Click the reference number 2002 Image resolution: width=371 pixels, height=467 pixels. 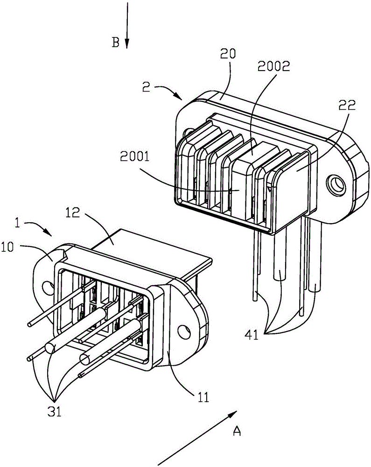[x=273, y=66]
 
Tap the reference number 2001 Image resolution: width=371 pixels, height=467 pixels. [x=135, y=156]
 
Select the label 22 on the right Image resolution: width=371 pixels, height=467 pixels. [x=347, y=105]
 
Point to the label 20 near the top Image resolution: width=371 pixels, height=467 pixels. [x=228, y=53]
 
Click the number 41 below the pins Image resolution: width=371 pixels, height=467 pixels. [x=252, y=336]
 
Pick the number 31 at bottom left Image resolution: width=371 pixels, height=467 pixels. [x=54, y=411]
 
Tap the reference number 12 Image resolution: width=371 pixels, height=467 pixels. [x=73, y=212]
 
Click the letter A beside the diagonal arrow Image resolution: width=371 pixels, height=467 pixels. [x=237, y=431]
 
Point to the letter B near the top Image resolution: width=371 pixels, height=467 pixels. [x=115, y=42]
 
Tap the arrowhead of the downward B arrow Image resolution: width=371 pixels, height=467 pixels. [x=127, y=44]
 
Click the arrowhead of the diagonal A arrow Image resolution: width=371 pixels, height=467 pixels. [x=232, y=415]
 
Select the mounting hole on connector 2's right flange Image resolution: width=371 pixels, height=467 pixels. [x=336, y=184]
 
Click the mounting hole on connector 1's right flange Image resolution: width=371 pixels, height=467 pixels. [x=183, y=332]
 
